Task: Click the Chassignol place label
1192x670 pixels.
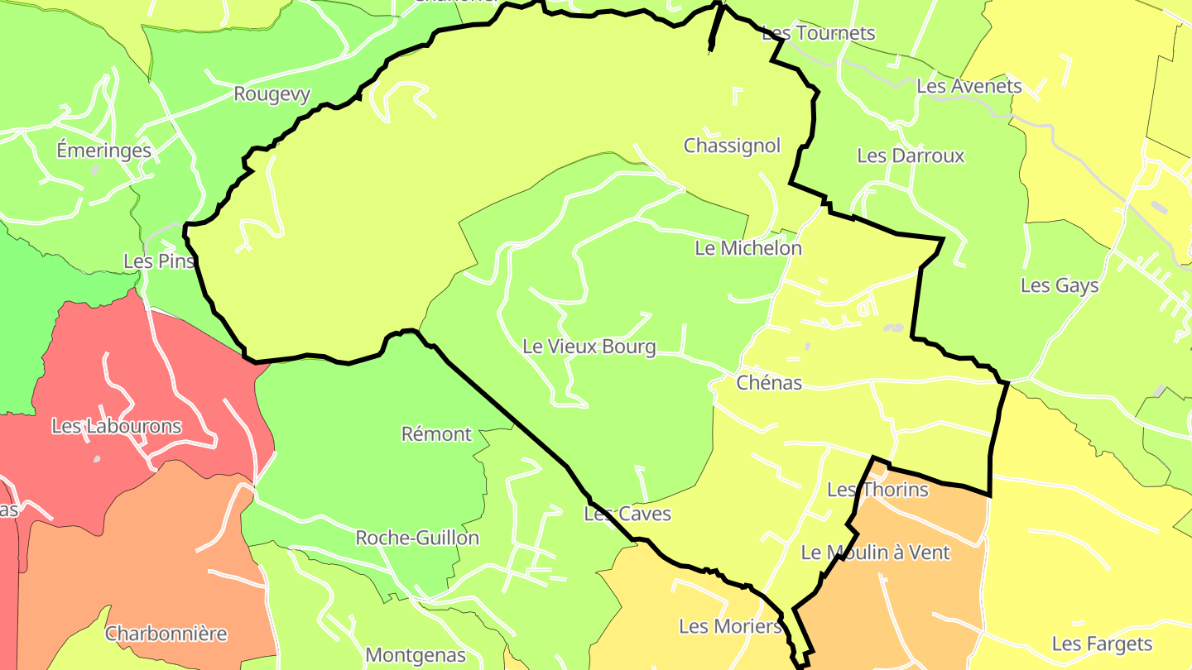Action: [732, 146]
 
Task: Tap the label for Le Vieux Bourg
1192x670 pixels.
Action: [589, 347]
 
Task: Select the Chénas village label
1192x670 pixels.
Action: [769, 383]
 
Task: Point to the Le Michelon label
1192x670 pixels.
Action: [748, 248]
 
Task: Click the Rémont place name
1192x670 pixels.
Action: [436, 434]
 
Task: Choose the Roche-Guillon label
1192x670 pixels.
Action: [417, 538]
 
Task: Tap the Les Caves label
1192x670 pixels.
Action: [627, 514]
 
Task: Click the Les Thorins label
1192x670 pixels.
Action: [878, 490]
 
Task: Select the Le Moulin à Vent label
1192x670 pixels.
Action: [876, 553]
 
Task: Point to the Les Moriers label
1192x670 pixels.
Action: [730, 626]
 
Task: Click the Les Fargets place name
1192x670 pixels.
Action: [1102, 644]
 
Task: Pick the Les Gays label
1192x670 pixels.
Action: [1060, 286]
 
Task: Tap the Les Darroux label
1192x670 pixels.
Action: [911, 156]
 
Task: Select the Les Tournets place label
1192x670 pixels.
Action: [818, 33]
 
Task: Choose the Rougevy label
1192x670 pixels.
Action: [272, 94]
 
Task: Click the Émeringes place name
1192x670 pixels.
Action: [104, 151]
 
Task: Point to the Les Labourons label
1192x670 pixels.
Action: [116, 427]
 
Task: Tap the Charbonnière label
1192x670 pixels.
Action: [166, 634]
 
